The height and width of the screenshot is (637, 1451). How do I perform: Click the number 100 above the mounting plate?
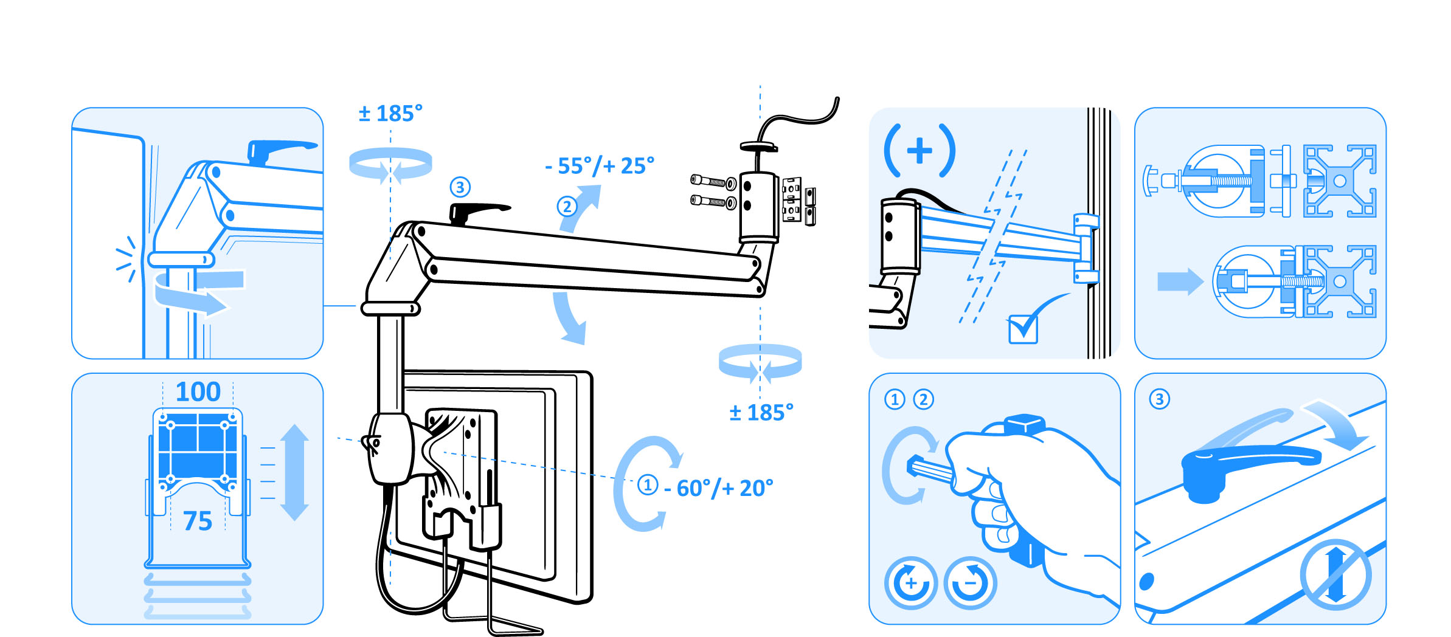click(198, 392)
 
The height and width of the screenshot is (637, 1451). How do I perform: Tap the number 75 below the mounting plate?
click(198, 522)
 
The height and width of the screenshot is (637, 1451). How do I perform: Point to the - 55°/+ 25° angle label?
click(600, 166)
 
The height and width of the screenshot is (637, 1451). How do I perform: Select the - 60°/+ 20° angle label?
click(719, 488)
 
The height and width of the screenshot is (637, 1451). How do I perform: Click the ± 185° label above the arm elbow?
click(390, 114)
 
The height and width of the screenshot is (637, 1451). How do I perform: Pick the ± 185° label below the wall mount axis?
click(761, 413)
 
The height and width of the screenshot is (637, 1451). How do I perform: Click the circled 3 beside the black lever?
click(460, 187)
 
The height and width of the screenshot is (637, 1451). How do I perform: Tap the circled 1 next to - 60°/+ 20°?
click(648, 485)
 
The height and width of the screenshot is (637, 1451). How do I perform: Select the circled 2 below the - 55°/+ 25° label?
click(567, 207)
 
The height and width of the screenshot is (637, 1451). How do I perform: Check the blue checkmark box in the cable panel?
click(1023, 329)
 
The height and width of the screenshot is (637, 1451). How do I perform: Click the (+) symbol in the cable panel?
click(919, 151)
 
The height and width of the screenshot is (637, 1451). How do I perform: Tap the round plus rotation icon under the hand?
click(910, 583)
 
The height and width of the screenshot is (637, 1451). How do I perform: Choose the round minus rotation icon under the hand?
click(970, 583)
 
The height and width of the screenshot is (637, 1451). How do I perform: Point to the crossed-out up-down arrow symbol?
click(1335, 574)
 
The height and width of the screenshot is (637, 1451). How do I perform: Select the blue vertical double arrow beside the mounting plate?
click(295, 472)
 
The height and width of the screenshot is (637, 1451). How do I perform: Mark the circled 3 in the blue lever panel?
click(1159, 399)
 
